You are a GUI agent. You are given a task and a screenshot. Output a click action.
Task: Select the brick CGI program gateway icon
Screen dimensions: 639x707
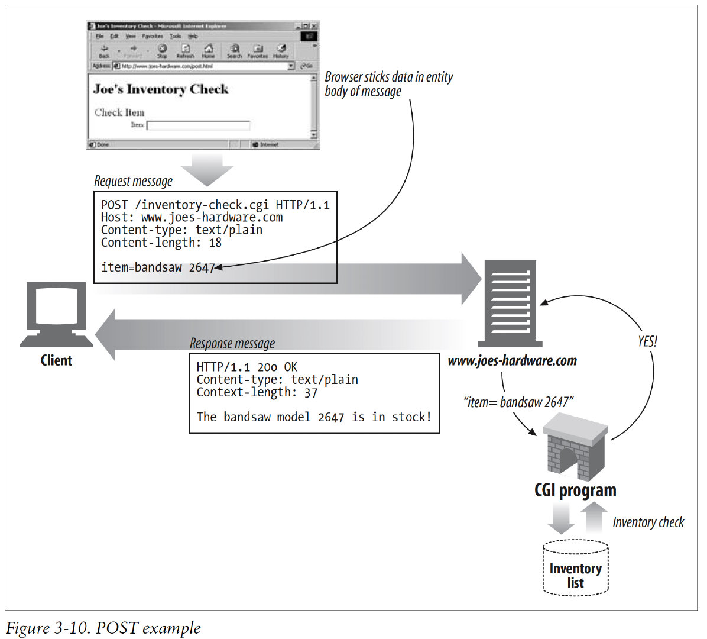(x=575, y=447)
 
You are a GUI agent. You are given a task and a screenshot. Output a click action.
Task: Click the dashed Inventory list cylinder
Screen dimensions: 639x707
(x=575, y=568)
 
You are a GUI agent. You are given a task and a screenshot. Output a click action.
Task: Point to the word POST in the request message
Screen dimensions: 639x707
(x=114, y=205)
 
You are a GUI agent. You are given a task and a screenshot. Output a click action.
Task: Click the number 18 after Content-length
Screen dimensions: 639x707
(x=215, y=243)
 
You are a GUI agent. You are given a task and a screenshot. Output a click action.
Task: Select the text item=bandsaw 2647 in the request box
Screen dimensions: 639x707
(x=157, y=267)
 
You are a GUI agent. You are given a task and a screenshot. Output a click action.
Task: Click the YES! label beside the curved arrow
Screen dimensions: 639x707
(x=647, y=341)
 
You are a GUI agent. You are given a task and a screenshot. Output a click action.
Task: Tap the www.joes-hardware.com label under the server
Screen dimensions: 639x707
(x=512, y=361)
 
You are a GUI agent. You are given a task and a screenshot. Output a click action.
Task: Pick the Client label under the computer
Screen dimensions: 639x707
(x=56, y=360)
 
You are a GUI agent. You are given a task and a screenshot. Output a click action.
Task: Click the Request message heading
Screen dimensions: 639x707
(x=134, y=181)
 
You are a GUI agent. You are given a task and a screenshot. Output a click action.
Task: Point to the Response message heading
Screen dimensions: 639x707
(x=232, y=344)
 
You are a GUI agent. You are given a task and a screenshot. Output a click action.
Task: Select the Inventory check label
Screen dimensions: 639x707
(x=648, y=522)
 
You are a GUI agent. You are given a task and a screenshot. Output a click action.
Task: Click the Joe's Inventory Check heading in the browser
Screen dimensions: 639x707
(x=161, y=89)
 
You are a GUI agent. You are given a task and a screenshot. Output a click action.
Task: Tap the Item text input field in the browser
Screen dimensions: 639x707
(x=198, y=125)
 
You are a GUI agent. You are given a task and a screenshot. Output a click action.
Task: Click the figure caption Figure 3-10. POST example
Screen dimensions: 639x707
(x=103, y=628)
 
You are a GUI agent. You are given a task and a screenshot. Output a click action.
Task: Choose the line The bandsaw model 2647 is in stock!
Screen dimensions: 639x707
(x=314, y=417)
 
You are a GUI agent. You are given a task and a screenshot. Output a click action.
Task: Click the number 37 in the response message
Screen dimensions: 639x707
(x=311, y=392)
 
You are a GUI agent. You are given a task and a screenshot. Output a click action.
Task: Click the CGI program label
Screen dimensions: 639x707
(x=575, y=490)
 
